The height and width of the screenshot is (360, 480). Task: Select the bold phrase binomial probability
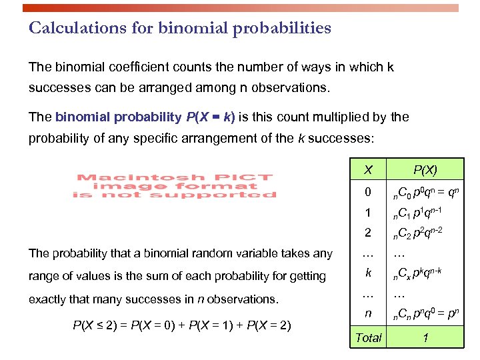117,117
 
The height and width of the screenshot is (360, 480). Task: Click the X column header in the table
368,170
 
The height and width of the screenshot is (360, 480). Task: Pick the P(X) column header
425,170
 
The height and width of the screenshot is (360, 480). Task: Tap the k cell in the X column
368,273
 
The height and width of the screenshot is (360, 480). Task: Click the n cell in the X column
368,313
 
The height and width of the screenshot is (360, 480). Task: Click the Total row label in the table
368,337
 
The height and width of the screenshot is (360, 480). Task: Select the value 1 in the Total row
425,337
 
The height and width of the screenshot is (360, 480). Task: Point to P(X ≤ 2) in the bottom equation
95,326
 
